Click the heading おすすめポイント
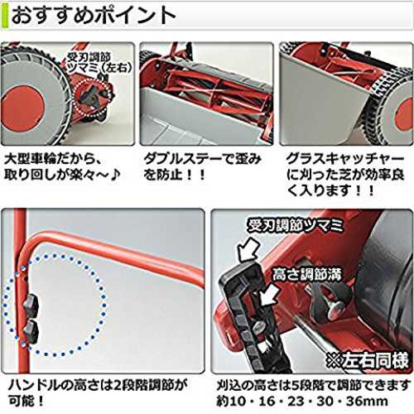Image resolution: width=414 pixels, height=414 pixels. point(94,15)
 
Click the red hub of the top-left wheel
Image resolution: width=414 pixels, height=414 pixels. point(22,106)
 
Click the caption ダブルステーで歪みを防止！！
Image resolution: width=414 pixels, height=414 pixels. point(202,166)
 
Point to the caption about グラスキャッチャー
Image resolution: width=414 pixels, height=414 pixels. point(345,175)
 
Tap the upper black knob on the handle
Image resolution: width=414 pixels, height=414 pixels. point(31,306)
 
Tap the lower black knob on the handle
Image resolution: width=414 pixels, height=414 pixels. point(31,331)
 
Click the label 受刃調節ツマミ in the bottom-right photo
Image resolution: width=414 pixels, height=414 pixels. point(296,226)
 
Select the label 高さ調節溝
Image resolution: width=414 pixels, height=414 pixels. point(307,275)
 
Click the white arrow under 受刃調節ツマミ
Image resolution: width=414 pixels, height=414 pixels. point(248,250)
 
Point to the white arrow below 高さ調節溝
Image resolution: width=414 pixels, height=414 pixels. point(270,295)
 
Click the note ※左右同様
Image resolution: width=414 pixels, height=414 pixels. point(367,360)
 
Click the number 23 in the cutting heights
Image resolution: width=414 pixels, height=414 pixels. point(296,401)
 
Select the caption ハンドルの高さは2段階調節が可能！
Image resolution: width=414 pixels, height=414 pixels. point(98,392)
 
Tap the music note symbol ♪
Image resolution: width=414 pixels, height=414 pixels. point(116,174)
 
